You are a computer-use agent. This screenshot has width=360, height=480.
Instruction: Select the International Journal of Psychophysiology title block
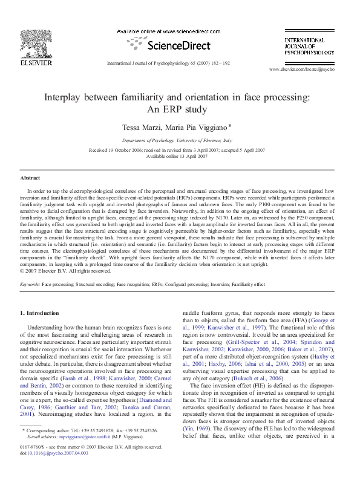pos(309,47)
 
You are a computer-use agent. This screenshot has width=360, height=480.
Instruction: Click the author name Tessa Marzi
pos(144,128)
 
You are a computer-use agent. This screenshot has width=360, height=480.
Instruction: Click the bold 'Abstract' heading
pos(30,178)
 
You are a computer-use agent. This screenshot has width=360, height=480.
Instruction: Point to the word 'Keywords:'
pos(30,283)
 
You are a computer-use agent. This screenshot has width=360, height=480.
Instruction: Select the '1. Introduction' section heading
pos(39,313)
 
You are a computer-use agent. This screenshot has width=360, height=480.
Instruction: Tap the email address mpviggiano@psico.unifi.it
pos(87,453)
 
